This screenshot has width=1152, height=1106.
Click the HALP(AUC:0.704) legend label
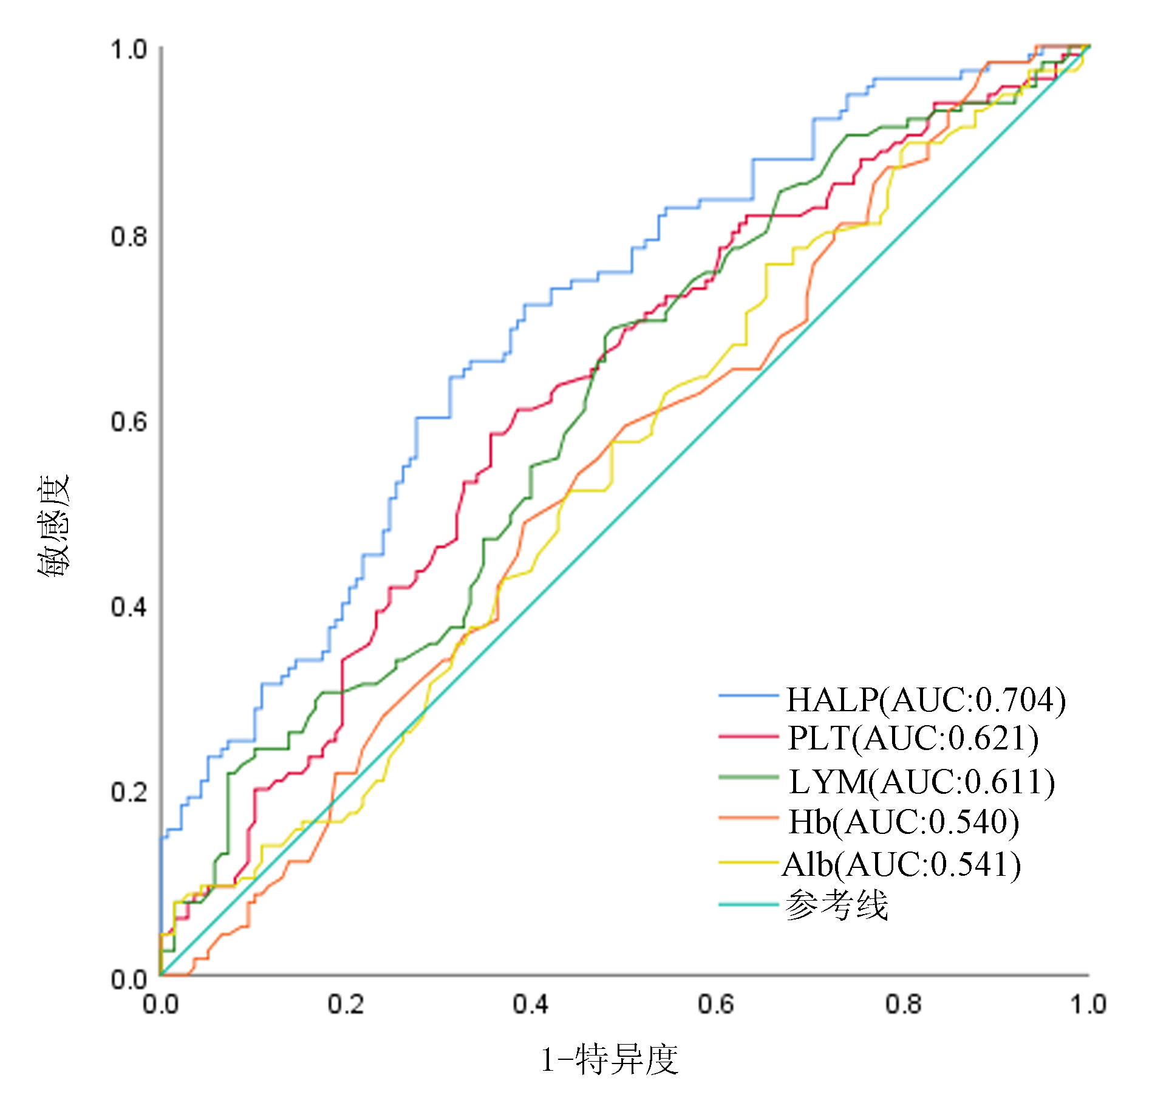925,700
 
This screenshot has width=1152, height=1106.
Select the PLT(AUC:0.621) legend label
913,739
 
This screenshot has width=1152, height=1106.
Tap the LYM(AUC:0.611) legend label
921,781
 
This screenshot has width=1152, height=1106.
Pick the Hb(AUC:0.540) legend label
903,822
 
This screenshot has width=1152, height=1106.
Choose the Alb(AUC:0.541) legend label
901,864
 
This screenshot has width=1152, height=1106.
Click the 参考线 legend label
836,906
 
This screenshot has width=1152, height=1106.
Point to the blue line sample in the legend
748,695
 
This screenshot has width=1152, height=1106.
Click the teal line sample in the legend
748,904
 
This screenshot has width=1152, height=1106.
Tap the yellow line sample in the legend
748,862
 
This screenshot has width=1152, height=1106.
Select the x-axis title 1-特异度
609,1060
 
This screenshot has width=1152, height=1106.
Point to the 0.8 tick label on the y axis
129,236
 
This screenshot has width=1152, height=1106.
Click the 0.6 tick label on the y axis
129,422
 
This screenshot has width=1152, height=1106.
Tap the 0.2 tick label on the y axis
129,792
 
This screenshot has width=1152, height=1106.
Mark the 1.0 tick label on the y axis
129,50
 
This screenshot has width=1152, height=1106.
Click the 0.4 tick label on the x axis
530,1004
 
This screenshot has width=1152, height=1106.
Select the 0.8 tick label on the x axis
902,1004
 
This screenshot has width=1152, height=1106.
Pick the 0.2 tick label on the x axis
346,1004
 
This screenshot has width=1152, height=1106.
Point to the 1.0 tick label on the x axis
1088,1004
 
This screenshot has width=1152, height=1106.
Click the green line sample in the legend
748,777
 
